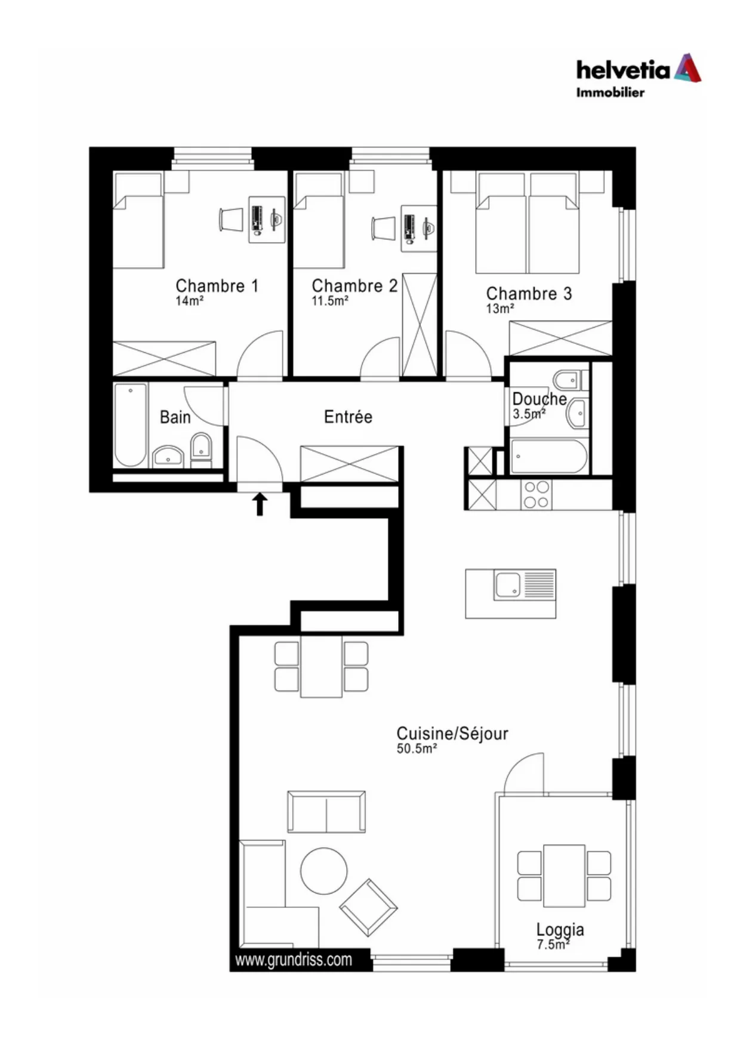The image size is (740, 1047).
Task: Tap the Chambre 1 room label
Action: point(217,286)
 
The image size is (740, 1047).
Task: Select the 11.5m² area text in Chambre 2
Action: point(330,301)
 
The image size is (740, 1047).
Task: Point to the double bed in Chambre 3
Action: point(528,223)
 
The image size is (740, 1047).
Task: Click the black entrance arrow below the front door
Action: point(260,504)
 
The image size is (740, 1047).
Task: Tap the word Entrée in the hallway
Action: point(348,416)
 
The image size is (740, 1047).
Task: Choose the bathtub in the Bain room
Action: point(130,425)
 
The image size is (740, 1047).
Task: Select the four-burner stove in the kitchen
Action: point(536,494)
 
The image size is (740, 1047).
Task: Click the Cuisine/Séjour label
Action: point(452,733)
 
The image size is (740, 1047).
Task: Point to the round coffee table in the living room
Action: point(323,871)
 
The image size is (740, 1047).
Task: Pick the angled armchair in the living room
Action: point(368,907)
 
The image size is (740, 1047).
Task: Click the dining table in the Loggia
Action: point(564,875)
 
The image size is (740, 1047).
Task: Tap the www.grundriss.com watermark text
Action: point(294,959)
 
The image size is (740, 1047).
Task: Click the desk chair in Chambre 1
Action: point(231,219)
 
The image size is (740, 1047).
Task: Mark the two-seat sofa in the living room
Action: point(326,812)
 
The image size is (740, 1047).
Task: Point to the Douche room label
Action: point(539,399)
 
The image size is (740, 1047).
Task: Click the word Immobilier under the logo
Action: point(610,93)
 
